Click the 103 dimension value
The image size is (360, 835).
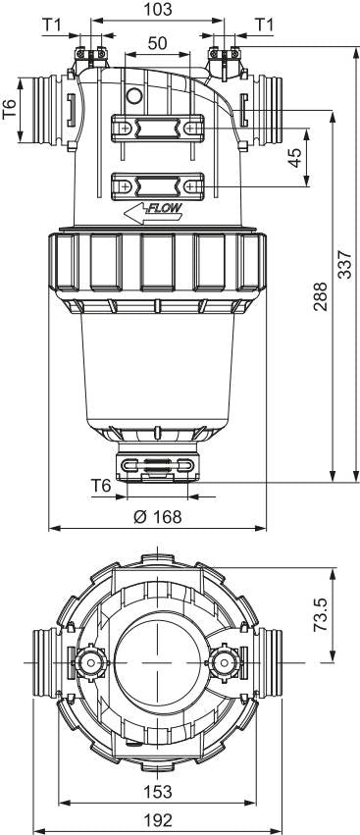(158, 10)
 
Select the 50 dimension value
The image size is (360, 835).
(158, 44)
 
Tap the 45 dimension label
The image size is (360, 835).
(294, 158)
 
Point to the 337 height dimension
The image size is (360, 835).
(345, 264)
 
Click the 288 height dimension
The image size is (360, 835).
(320, 296)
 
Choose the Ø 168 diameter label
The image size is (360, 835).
(158, 516)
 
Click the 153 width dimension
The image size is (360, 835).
(158, 791)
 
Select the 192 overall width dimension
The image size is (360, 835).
(158, 819)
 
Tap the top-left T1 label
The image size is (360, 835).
(51, 25)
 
